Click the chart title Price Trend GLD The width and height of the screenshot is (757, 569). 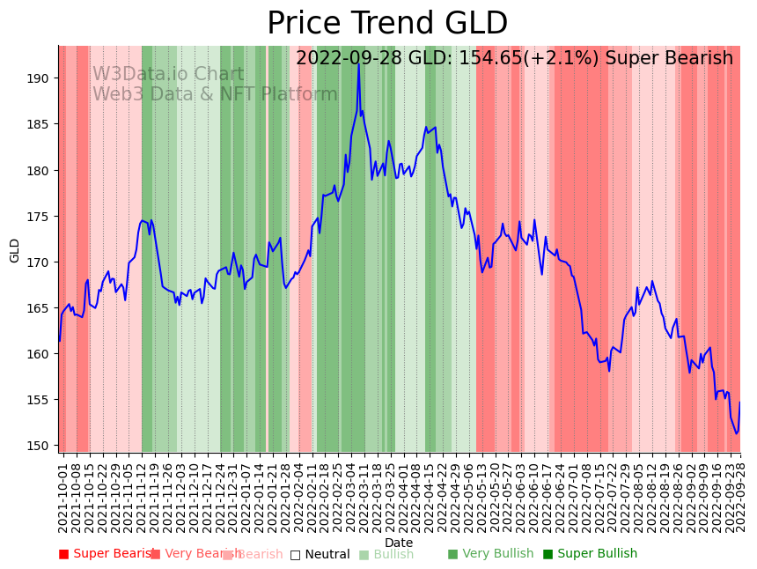tap(387, 24)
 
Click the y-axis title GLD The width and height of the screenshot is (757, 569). tap(15, 250)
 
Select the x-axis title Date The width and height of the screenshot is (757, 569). tap(399, 543)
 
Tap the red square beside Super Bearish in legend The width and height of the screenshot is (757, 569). tap(63, 554)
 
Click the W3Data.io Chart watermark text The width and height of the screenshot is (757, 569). tap(168, 75)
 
